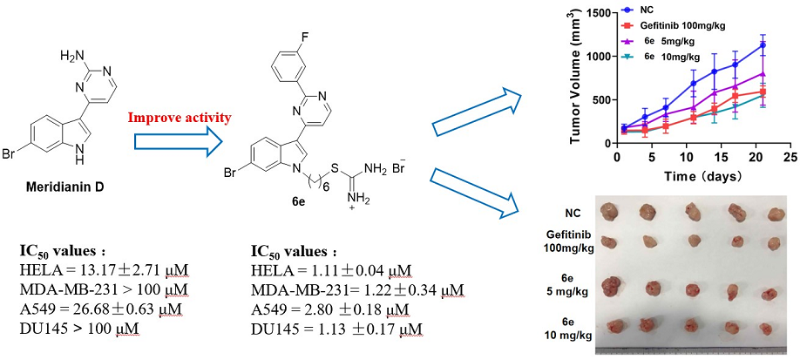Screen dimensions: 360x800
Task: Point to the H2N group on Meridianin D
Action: click(x=83, y=56)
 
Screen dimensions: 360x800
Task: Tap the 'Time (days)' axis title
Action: click(x=688, y=174)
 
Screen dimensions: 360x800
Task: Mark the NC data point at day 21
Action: click(x=763, y=44)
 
